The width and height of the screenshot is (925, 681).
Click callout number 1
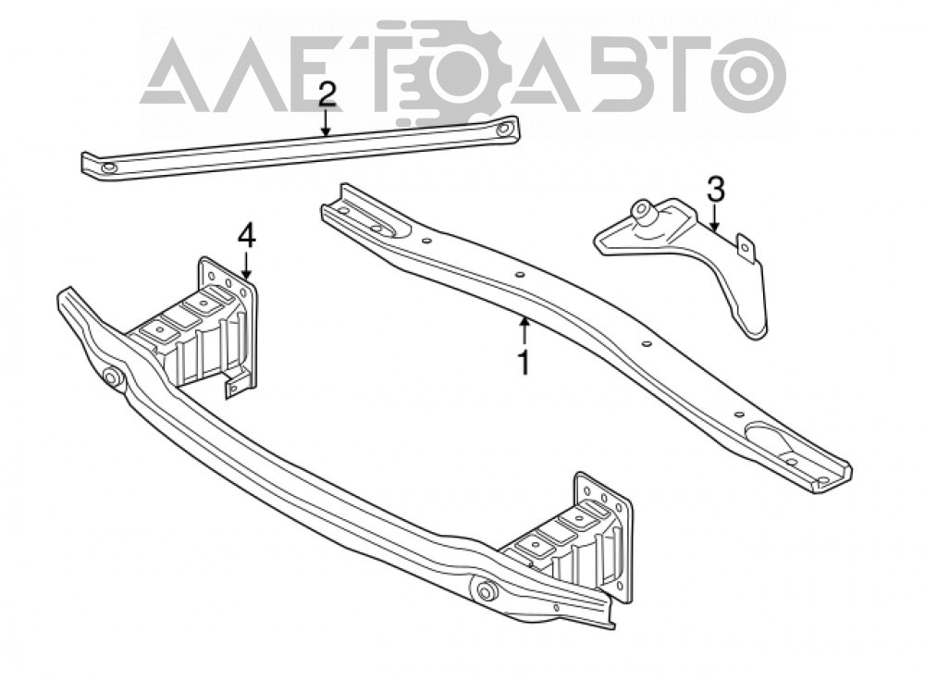(524, 363)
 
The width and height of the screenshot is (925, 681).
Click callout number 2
(327, 95)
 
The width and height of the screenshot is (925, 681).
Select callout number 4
(247, 237)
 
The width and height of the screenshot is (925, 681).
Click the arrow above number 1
(524, 331)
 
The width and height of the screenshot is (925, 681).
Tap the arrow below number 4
(247, 265)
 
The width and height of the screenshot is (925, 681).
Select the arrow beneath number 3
(714, 217)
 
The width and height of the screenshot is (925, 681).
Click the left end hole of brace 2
(110, 168)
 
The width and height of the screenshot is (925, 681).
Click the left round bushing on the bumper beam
(112, 378)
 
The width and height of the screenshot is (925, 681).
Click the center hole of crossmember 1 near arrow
(520, 275)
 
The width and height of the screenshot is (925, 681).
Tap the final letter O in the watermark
(749, 76)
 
